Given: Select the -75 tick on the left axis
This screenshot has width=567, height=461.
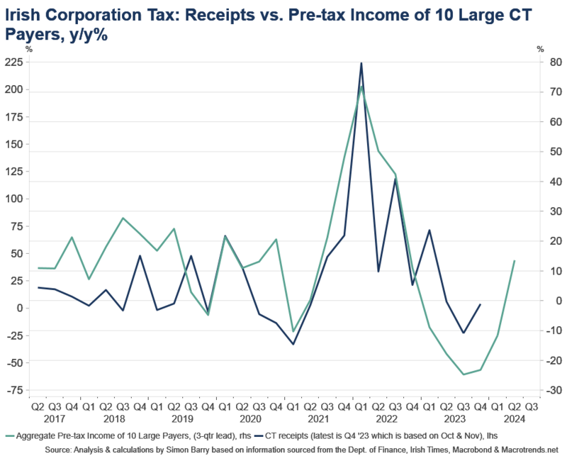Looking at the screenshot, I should (15, 391).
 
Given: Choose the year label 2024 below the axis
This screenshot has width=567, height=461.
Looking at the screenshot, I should (512, 420).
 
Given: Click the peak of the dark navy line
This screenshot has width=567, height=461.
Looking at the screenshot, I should (361, 64).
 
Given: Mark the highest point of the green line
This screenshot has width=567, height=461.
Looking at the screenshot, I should (361, 87).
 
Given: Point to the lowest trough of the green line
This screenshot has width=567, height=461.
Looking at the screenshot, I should (464, 374).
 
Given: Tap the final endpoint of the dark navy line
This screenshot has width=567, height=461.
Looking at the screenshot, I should (481, 304).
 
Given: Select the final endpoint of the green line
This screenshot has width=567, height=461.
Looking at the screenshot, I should (515, 260).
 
